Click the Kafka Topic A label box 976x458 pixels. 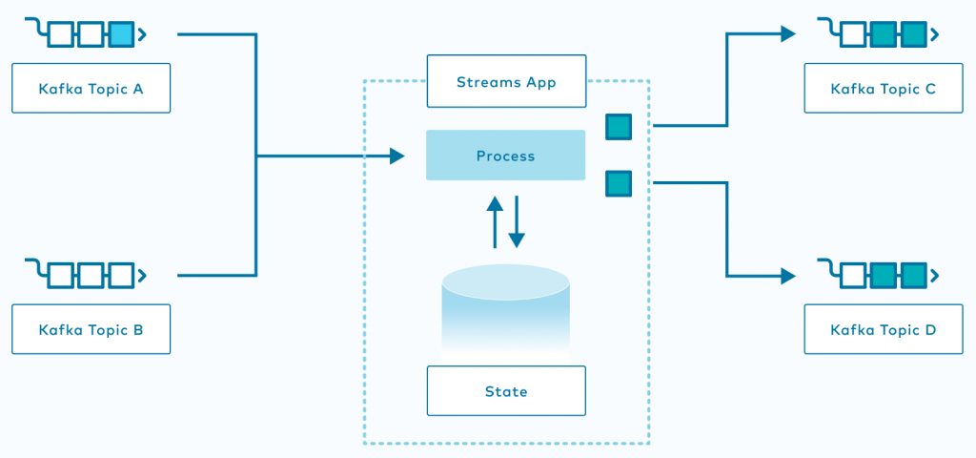pyautogui.click(x=91, y=89)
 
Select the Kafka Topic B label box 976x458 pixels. pyautogui.click(x=91, y=330)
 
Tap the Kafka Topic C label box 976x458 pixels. pyautogui.click(x=884, y=89)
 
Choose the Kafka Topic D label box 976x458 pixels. pyautogui.click(x=884, y=330)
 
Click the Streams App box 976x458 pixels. pyautogui.click(x=505, y=81)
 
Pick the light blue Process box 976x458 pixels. pyautogui.click(x=505, y=156)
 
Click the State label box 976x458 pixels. pyautogui.click(x=505, y=391)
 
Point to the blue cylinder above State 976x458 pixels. pyautogui.click(x=505, y=310)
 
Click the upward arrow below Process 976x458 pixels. pyautogui.click(x=495, y=221)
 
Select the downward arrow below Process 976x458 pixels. pyautogui.click(x=517, y=221)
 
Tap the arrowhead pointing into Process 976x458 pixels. pyautogui.click(x=397, y=156)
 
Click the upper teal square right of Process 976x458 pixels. pyautogui.click(x=619, y=126)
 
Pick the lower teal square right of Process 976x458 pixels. pyautogui.click(x=619, y=183)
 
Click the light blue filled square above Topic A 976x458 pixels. pyautogui.click(x=120, y=36)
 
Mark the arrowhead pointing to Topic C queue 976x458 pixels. pyautogui.click(x=787, y=34)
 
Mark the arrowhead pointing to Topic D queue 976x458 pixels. pyautogui.click(x=787, y=276)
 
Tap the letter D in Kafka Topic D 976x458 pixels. pyautogui.click(x=929, y=330)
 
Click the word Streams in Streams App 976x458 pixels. pyautogui.click(x=484, y=81)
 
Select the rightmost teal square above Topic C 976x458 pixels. pyautogui.click(x=913, y=36)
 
